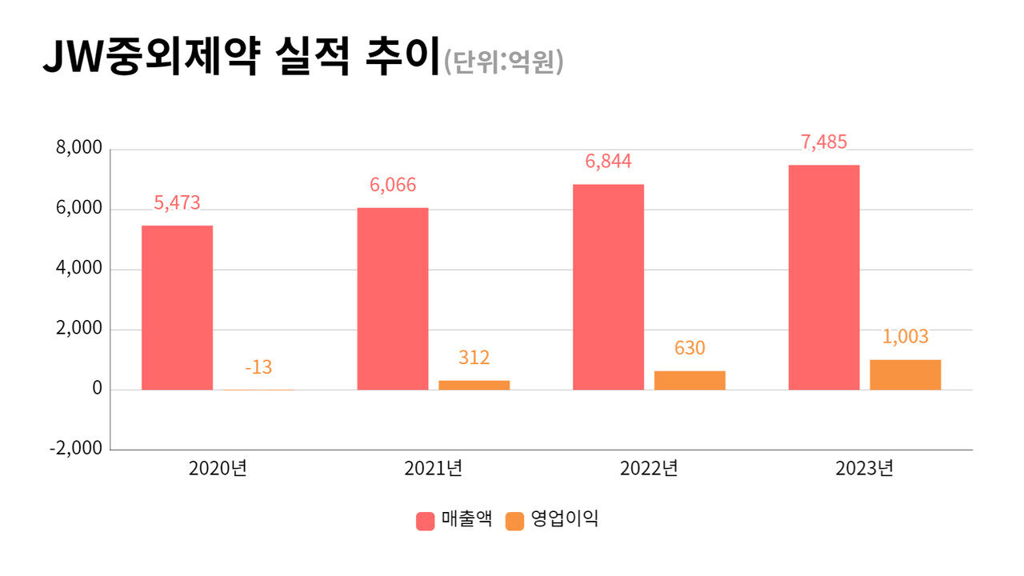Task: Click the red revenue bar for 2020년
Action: coord(177,307)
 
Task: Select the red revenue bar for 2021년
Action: coord(393,298)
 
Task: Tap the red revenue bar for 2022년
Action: coord(608,286)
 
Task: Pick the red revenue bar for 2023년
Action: coord(824,277)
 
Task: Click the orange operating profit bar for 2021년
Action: coord(474,385)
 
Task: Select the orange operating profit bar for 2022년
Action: coord(690,380)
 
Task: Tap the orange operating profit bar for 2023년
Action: coord(905,374)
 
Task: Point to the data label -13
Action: coord(258,367)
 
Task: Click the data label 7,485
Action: coord(824,142)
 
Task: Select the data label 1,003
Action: coord(905,337)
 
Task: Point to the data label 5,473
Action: coord(177,203)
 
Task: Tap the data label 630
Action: coord(690,348)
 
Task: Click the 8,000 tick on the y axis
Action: coord(78,149)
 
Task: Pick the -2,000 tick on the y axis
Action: coord(76,449)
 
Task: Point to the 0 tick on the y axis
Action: coord(97,389)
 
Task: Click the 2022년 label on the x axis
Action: coord(649,469)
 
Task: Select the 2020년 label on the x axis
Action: coord(218,469)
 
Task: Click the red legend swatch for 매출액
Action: coord(426,521)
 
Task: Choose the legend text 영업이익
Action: coord(565,519)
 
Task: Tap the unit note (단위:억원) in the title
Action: coord(504,62)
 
